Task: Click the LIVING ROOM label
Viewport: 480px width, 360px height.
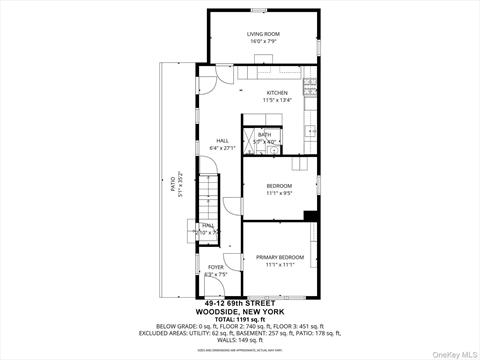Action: (264, 34)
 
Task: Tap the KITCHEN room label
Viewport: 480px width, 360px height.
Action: (276, 93)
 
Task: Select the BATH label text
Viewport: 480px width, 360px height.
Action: (264, 134)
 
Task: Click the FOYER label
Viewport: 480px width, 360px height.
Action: (216, 267)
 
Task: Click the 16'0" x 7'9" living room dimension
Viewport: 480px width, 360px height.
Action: (264, 42)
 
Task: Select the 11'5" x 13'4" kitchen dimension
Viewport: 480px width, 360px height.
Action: (276, 100)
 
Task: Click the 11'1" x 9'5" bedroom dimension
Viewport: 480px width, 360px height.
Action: (279, 193)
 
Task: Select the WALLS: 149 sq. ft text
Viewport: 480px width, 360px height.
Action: (242, 337)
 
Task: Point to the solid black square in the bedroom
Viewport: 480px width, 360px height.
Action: (310, 215)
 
